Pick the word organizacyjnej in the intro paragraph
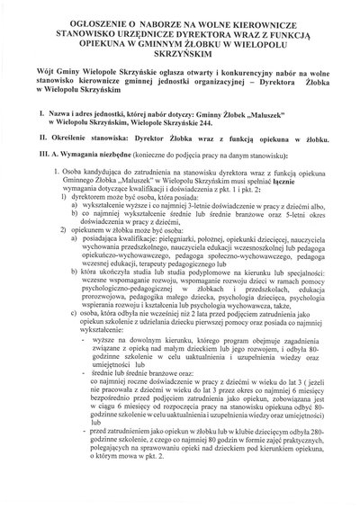[x=217, y=90]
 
